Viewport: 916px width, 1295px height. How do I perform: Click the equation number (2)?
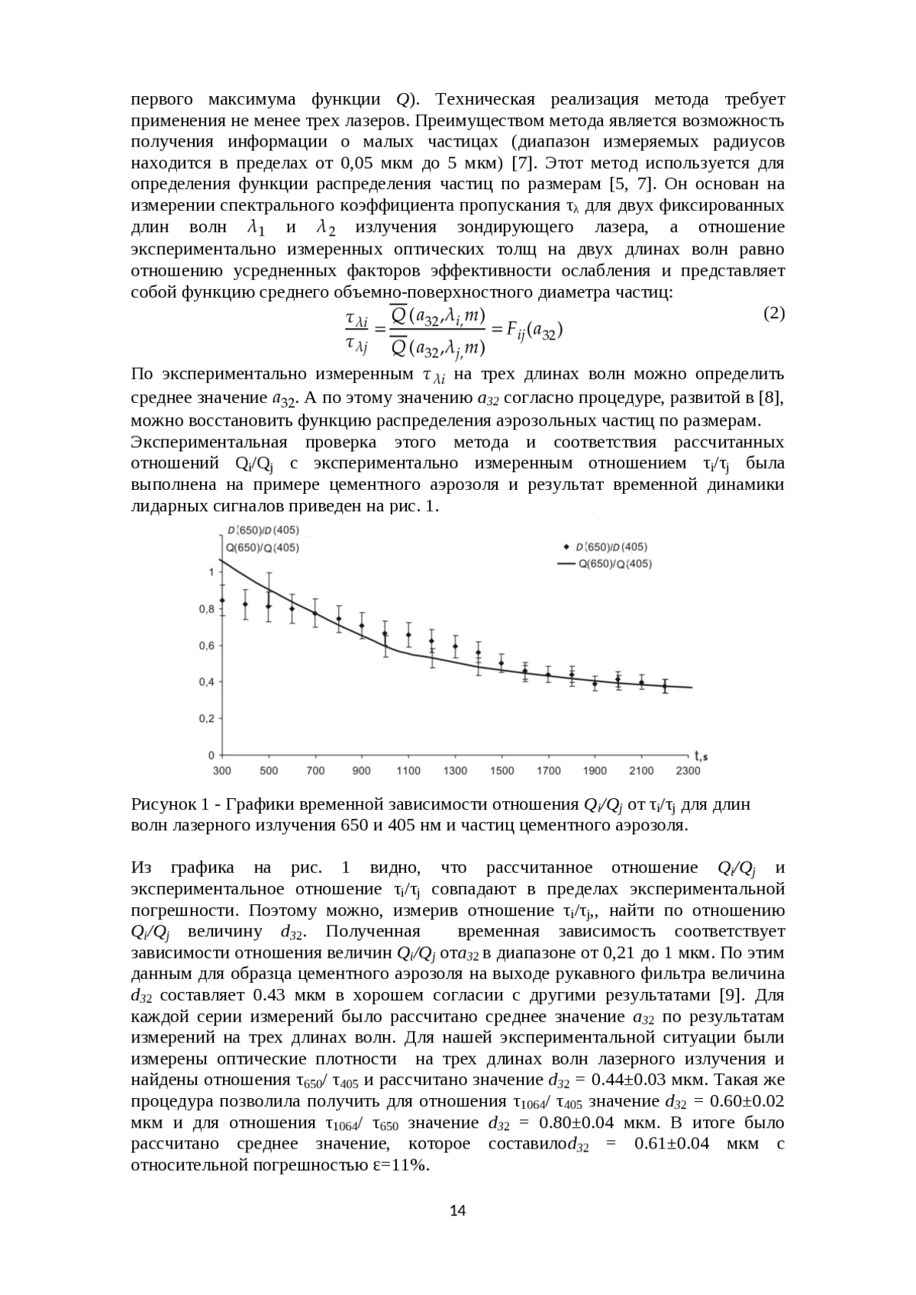pos(774,313)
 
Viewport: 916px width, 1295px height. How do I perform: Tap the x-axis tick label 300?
pos(222,771)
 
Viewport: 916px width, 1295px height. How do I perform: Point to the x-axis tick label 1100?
pos(408,771)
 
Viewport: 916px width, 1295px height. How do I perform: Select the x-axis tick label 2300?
pos(688,771)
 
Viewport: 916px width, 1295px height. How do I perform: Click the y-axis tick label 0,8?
pos(206,609)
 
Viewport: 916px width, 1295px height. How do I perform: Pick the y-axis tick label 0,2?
pos(206,718)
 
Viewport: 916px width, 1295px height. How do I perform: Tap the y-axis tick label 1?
pos(211,572)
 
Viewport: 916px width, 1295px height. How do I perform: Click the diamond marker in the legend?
pos(566,547)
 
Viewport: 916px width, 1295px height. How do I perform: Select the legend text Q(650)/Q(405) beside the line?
pos(615,564)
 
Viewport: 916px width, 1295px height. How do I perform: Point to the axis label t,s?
pos(701,756)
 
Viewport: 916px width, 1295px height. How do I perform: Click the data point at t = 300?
pos(222,601)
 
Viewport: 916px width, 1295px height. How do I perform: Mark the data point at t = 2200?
pos(664,685)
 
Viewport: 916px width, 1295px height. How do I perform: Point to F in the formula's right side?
pos(513,330)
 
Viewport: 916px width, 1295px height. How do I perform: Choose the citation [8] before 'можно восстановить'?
pos(772,398)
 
